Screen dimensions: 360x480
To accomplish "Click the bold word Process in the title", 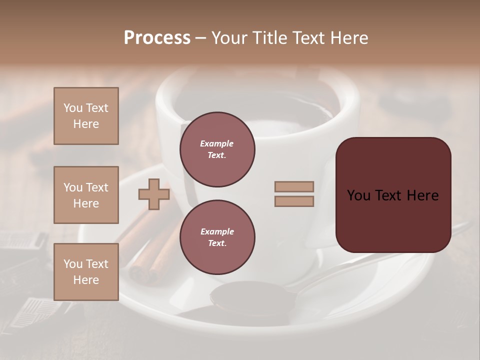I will (157, 38).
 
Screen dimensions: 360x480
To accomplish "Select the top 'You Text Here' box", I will (86, 116).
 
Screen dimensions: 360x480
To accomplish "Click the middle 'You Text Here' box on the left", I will (86, 195).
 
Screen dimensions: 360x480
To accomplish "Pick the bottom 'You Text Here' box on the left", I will (86, 272).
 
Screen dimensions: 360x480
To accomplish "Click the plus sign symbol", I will (154, 194).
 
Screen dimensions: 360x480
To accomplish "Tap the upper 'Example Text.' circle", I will (217, 149).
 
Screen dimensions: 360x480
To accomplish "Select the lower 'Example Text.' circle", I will (217, 237).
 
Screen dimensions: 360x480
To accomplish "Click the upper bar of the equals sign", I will (294, 187).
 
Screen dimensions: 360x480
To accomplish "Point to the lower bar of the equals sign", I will (294, 201).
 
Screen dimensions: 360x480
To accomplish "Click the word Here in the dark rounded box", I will (422, 195).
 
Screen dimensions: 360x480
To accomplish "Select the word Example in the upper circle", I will (216, 143).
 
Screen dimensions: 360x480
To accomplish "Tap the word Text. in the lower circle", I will (217, 243).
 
